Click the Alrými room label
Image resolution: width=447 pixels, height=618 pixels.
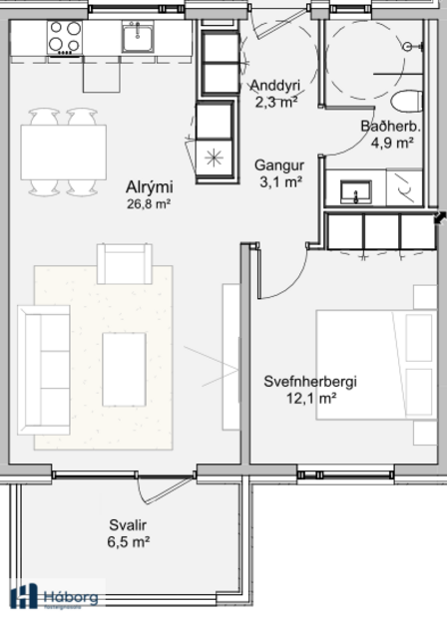tap(148, 186)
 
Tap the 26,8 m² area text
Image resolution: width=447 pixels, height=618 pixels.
tap(148, 204)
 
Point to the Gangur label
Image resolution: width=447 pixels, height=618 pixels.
tap(278, 164)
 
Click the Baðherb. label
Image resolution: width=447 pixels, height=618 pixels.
tap(390, 127)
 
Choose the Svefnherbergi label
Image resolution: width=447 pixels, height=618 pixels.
tap(310, 381)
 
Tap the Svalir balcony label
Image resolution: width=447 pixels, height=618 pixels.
tap(129, 525)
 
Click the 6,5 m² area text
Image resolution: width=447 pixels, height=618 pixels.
tap(129, 542)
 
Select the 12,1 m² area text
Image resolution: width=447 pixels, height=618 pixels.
tap(310, 398)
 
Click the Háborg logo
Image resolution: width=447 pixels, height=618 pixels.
tap(56, 596)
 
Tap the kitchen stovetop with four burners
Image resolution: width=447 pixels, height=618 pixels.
tap(64, 38)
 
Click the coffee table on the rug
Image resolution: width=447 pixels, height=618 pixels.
tap(124, 369)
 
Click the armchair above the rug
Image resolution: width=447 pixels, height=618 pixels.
tap(123, 263)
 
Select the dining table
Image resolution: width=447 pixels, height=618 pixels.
tap(64, 153)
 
